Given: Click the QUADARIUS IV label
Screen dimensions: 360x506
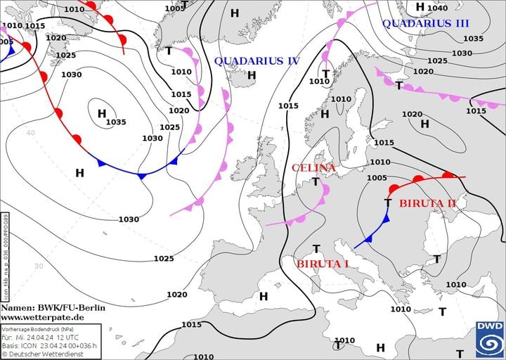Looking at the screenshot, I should click(257, 61).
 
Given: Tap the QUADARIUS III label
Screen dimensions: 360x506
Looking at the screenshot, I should click(425, 23).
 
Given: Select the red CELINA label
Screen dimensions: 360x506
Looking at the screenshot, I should click(313, 168).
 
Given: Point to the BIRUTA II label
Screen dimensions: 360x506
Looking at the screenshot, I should click(427, 203).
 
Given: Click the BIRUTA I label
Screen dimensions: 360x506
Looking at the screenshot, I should click(323, 264).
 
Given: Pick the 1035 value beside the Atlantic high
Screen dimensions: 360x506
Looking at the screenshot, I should click(116, 122).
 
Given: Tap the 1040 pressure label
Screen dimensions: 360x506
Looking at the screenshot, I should click(437, 8).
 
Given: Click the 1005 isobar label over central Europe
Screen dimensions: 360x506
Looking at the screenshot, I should click(377, 178).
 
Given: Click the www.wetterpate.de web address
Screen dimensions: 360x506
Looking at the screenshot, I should click(43, 317).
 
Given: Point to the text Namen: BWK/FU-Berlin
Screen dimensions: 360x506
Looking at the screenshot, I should click(53, 307).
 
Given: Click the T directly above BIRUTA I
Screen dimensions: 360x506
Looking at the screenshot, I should click(316, 249).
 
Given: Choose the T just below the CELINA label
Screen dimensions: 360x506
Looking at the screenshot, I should click(316, 181).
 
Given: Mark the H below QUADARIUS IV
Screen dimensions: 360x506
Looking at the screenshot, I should click(252, 75).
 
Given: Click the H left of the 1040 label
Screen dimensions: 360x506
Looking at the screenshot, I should click(420, 7).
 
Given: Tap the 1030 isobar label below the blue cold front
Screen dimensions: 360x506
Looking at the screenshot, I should click(129, 219).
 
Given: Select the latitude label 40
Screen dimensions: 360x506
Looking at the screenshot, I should click(30, 132).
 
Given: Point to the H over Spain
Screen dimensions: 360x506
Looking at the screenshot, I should click(264, 296).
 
